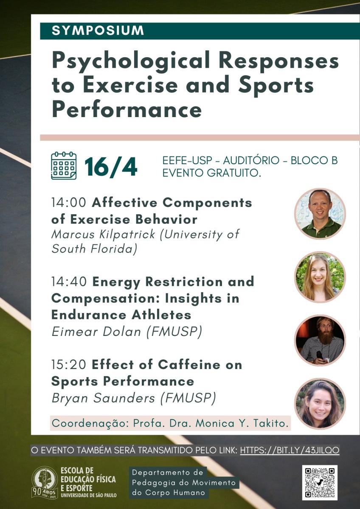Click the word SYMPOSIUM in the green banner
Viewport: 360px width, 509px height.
tap(98, 31)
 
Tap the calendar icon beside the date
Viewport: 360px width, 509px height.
tap(64, 166)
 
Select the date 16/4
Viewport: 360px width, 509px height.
tap(111, 167)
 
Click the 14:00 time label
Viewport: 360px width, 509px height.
tap(69, 202)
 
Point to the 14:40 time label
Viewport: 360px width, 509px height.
tap(69, 282)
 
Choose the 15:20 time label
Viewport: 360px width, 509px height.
tap(69, 365)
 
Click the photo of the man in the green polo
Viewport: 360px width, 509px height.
tap(320, 214)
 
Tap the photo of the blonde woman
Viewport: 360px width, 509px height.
tap(320, 277)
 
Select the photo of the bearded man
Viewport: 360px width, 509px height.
tap(320, 340)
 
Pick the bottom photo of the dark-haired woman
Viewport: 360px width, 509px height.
tap(320, 403)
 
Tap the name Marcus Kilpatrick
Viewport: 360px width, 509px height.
tap(103, 234)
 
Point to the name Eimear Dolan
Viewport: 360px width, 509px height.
tap(96, 332)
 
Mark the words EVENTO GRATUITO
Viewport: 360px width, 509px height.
tap(212, 173)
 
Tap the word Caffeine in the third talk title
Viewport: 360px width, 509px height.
tap(189, 365)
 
